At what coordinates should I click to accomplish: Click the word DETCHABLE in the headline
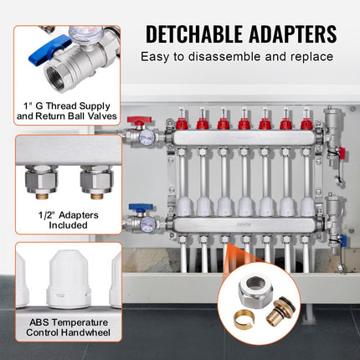coord(194,34)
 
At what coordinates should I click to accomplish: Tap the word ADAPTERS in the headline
coord(292,34)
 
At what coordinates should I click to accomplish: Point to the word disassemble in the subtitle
coord(224,57)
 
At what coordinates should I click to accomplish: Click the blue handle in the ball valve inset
coord(49,49)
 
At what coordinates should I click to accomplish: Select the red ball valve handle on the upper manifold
coord(139,120)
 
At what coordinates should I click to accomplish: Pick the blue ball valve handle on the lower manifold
coord(141,207)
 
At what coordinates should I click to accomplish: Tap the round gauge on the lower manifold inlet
coord(147,224)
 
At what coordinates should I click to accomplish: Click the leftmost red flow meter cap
coord(182,124)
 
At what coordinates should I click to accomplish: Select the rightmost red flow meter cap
coord(306,124)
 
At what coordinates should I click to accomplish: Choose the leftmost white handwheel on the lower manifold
coord(183,207)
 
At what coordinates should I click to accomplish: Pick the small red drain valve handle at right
coord(342,153)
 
